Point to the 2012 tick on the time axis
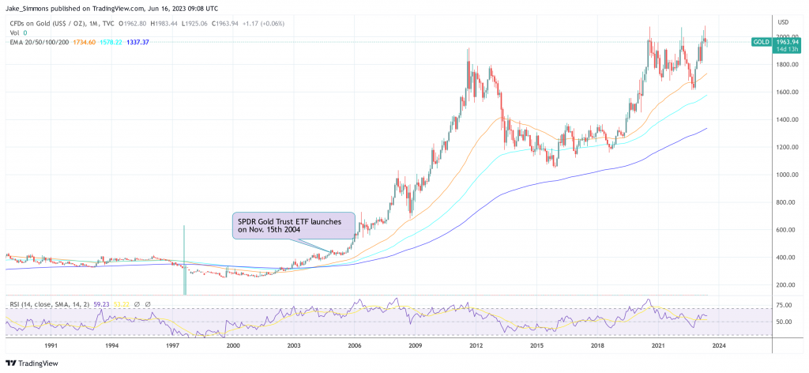pos(476,345)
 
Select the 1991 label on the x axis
pos(51,345)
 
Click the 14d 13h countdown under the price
pos(781,49)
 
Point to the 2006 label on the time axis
pos(355,345)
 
